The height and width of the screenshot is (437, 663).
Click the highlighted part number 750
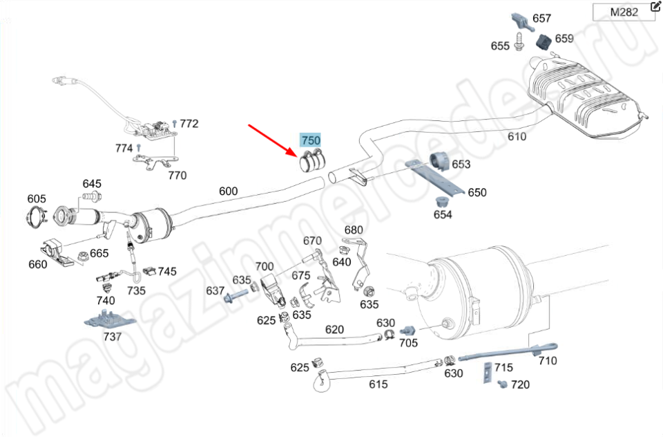coord(311,140)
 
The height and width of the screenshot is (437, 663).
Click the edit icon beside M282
coord(655,8)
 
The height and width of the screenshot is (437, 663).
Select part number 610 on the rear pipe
coord(517,136)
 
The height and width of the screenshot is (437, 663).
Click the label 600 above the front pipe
coord(228,192)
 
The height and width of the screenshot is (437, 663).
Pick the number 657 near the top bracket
coord(541,19)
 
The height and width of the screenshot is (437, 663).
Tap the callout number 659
coord(564,39)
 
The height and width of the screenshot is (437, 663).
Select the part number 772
coord(189,124)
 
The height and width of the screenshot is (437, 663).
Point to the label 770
coord(177,176)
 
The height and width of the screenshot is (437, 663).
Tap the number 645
coord(92,184)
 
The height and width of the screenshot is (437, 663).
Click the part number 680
coord(353,230)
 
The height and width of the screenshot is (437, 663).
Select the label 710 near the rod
coord(548,360)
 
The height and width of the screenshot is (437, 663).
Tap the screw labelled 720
coord(502,383)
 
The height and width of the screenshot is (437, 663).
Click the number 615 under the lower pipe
coord(378,384)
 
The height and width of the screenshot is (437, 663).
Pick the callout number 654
coord(443,214)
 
